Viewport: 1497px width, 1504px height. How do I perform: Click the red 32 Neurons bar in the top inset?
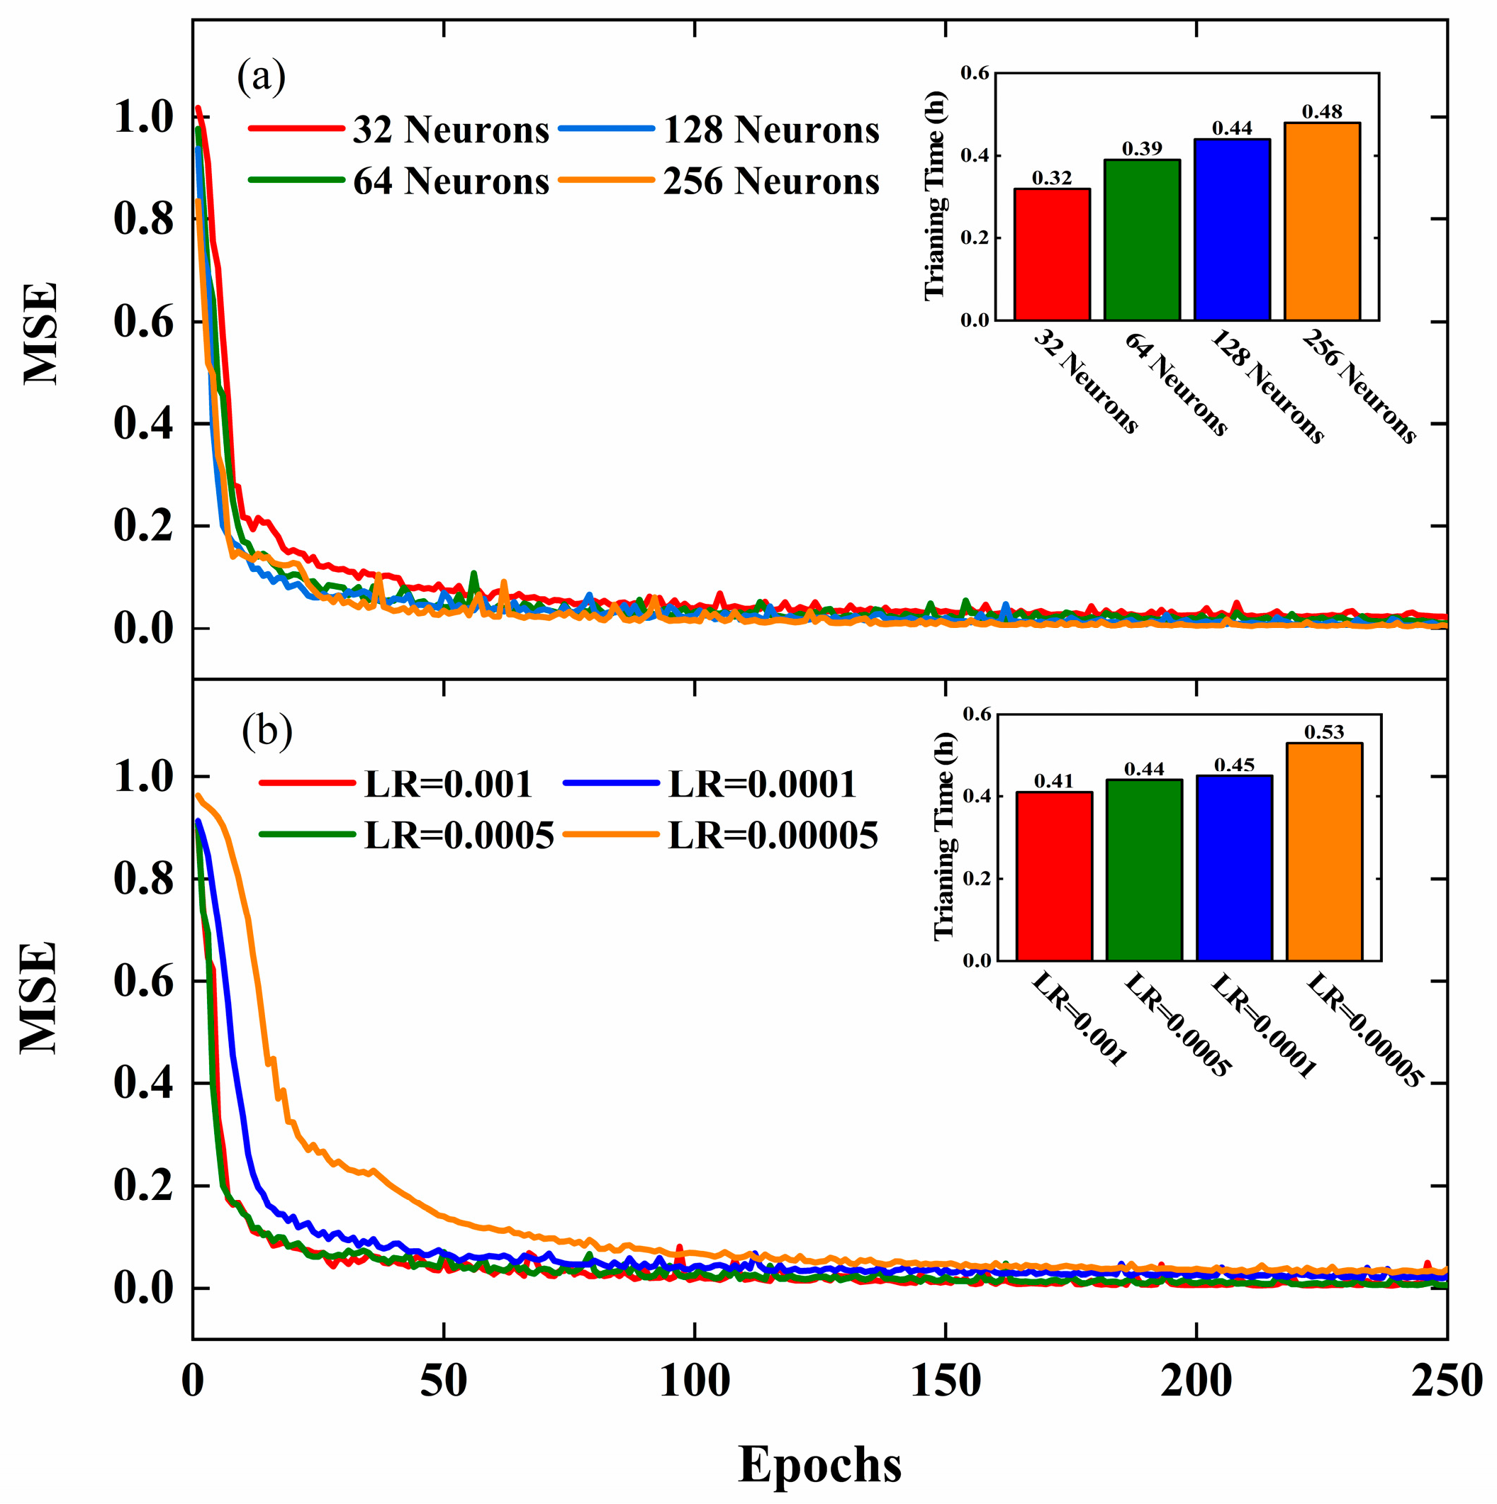(x=1052, y=254)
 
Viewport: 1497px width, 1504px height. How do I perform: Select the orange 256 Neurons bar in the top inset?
(x=1322, y=221)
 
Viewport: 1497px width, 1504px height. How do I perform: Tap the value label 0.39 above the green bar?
(x=1142, y=149)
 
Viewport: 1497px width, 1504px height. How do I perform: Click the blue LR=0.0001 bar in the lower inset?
(x=1234, y=868)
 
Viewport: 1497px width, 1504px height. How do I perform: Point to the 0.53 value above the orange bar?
(x=1324, y=731)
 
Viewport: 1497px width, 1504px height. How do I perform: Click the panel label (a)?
(x=262, y=77)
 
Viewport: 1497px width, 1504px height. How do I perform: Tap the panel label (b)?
(x=267, y=731)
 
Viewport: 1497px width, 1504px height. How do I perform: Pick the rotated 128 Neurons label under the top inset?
(x=1265, y=386)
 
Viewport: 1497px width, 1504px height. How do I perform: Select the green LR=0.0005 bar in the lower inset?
(x=1143, y=870)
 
